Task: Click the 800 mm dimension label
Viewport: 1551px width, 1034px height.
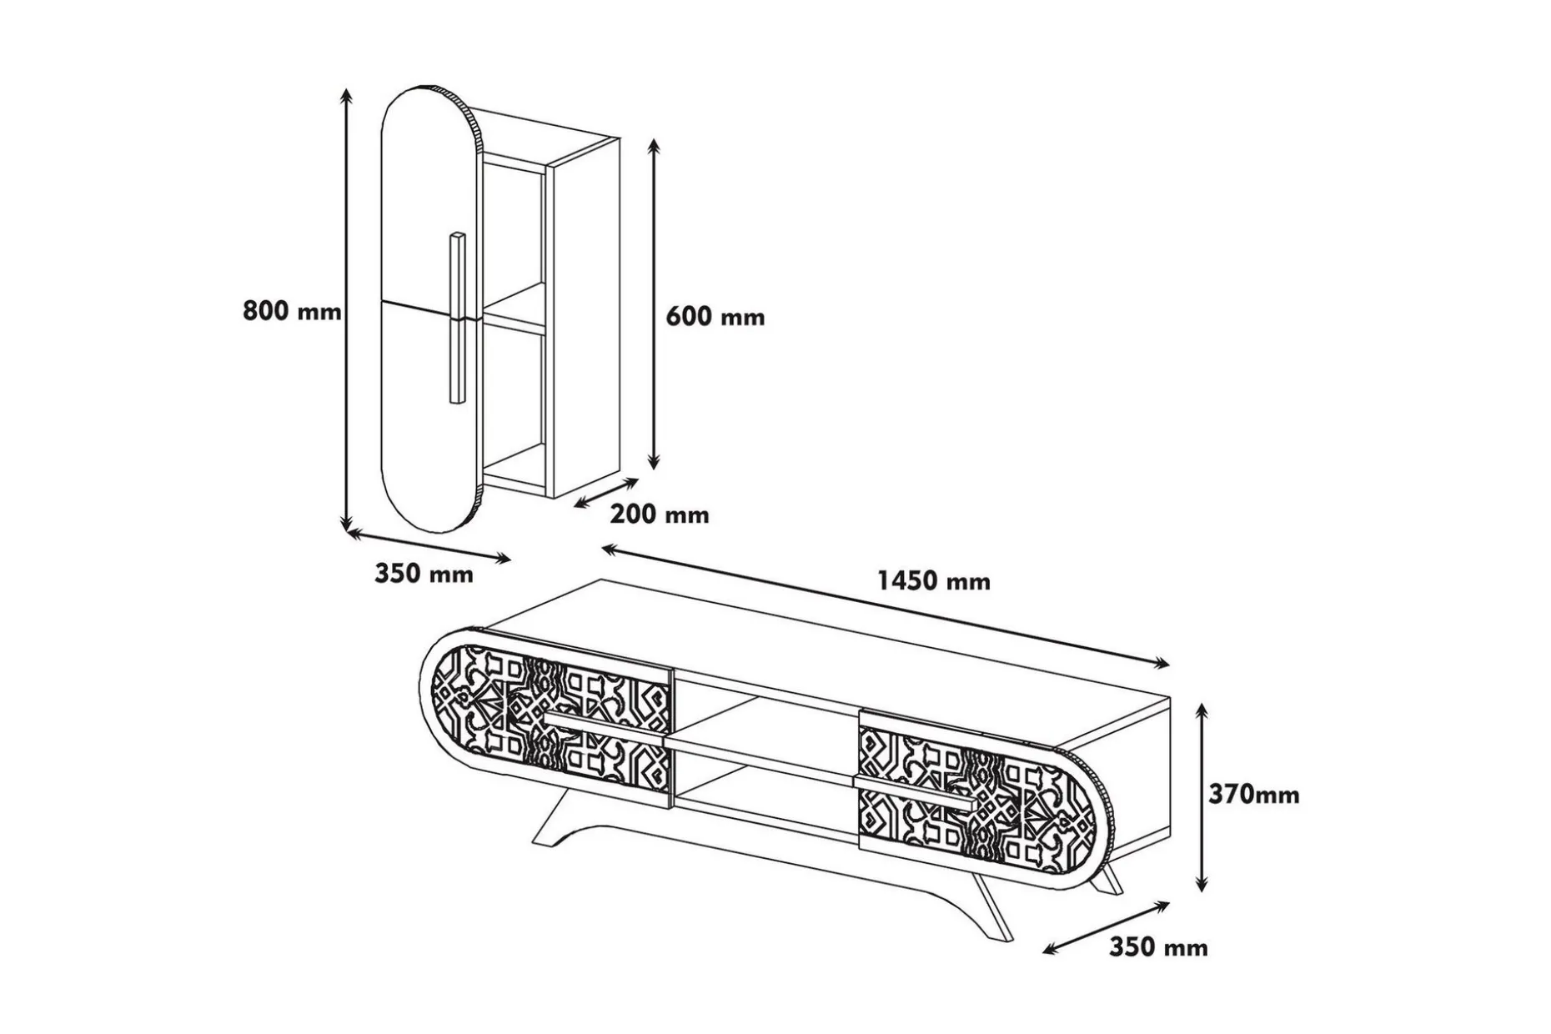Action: tap(292, 311)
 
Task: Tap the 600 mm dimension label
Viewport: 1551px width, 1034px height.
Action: tap(715, 317)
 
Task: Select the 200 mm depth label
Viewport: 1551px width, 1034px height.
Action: tap(660, 514)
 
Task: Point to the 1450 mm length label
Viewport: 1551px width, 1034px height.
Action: tap(934, 580)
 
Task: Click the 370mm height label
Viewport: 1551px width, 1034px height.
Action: tap(1254, 795)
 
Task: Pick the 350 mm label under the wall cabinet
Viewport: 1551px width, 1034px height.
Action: tap(424, 574)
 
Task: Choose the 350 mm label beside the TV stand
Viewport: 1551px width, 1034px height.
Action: tap(1158, 947)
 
